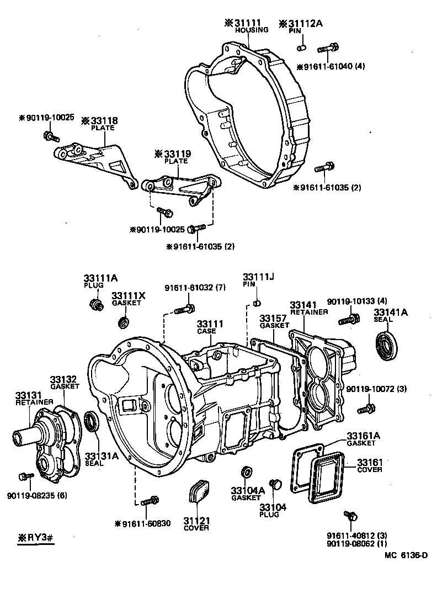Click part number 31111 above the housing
(x=247, y=23)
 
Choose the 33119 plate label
(x=175, y=153)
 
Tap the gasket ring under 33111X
(x=125, y=321)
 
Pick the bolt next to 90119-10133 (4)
(x=347, y=319)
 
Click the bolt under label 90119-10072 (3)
(x=366, y=409)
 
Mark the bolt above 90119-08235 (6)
(x=24, y=476)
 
